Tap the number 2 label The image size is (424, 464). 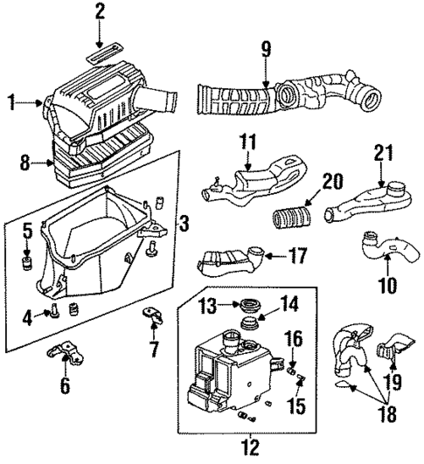click(100, 12)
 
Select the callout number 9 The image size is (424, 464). click(266, 49)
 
